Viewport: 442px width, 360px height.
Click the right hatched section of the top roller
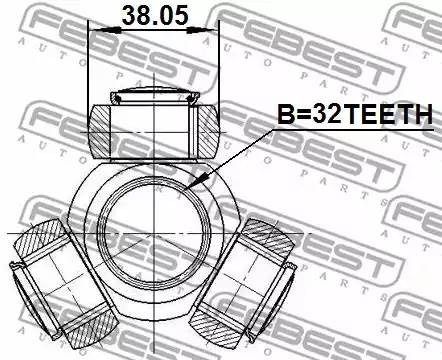point(206,127)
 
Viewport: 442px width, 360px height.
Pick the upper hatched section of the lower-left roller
point(38,241)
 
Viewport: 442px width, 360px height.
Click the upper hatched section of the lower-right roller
point(267,237)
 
